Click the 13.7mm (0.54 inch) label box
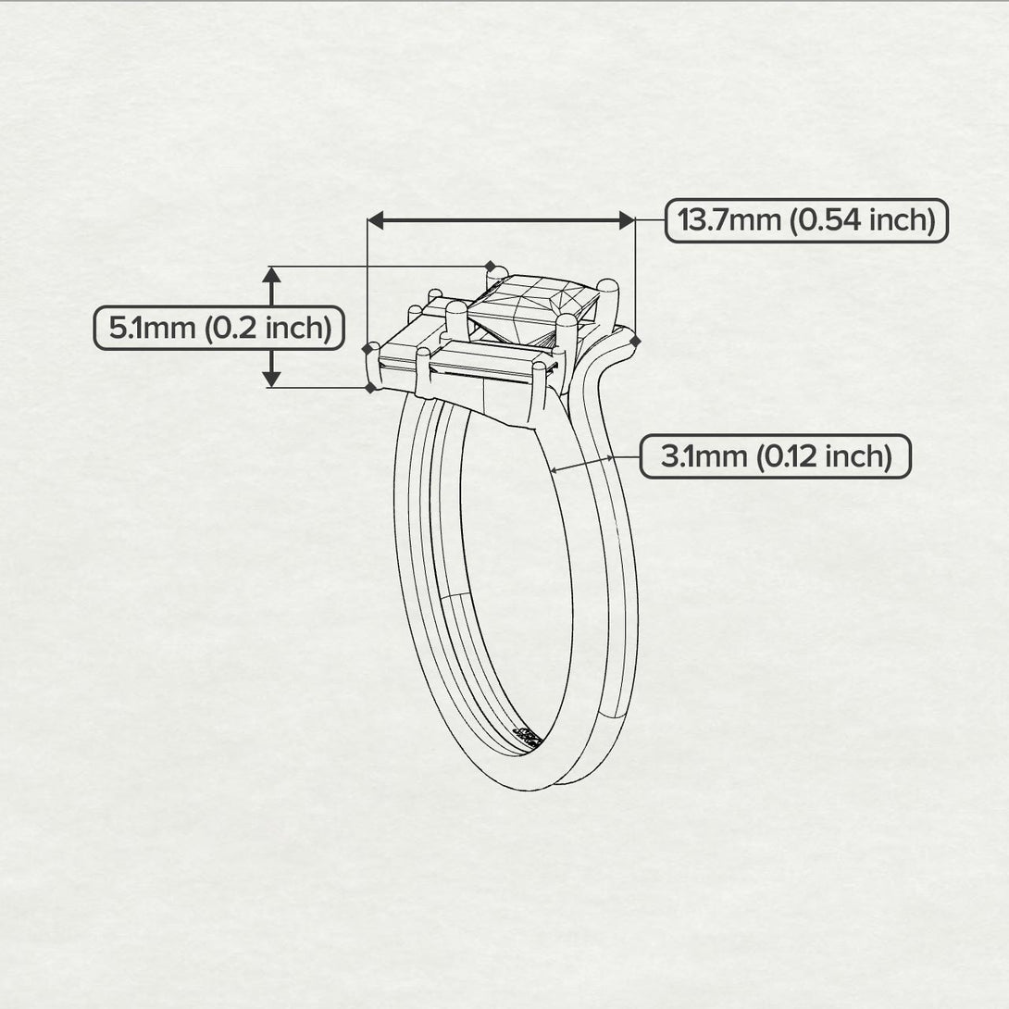806,220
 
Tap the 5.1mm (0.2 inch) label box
219,328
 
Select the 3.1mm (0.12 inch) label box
775,456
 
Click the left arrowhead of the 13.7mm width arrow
375,220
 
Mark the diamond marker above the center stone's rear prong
491,266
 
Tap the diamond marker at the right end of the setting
635,342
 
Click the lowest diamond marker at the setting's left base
370,388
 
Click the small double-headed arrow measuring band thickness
582,464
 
